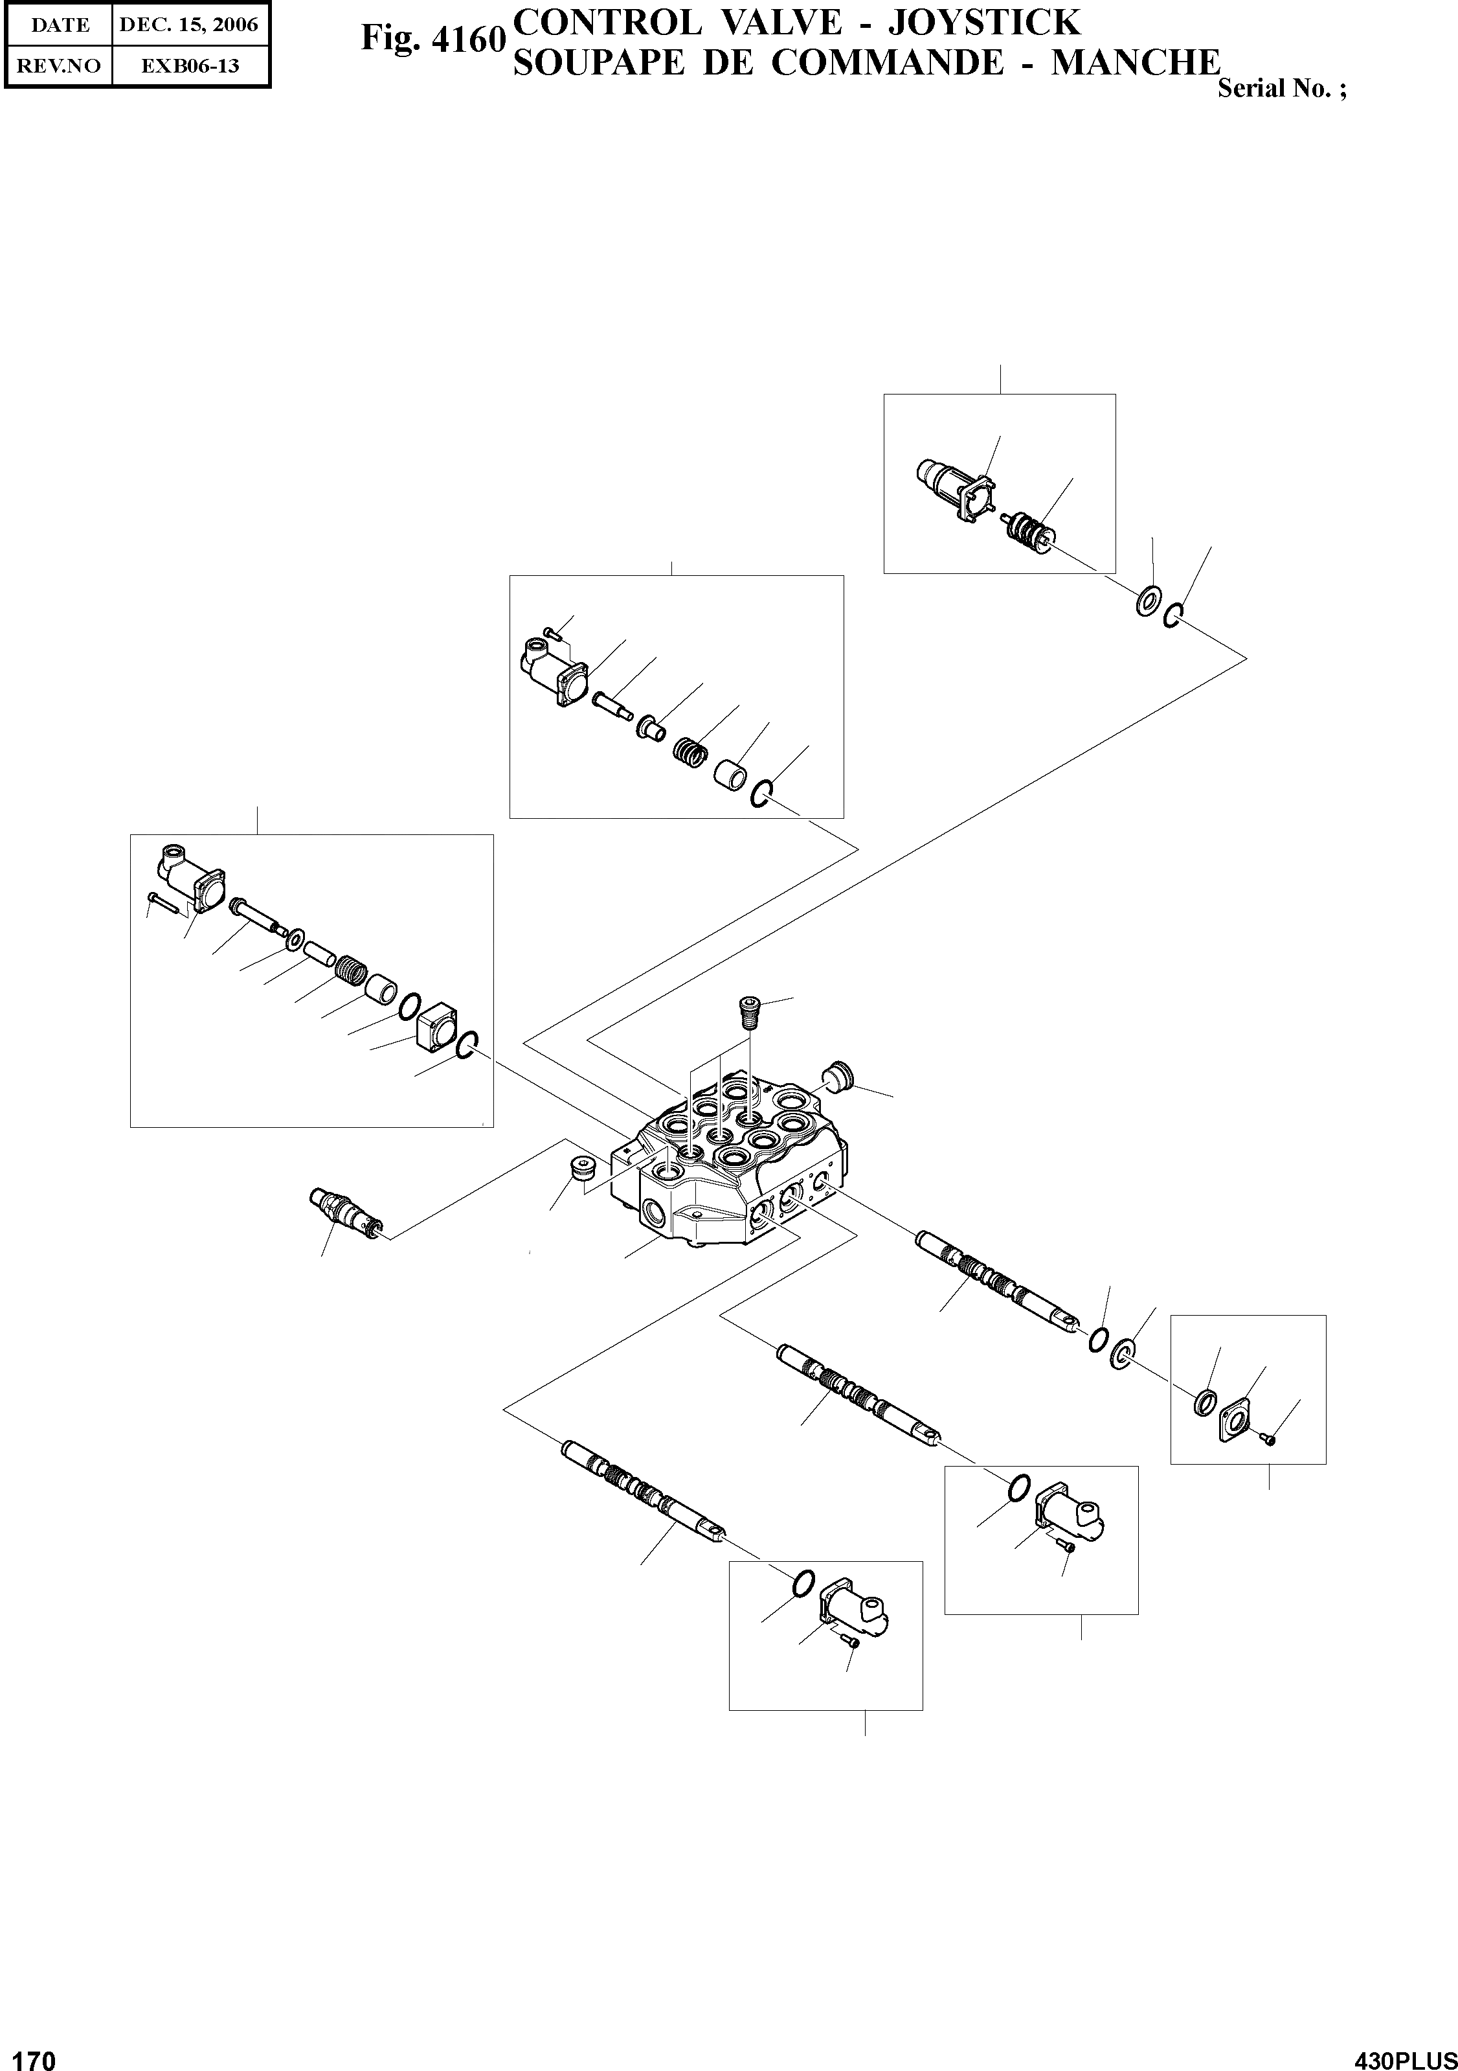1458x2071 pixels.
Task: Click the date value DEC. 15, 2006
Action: coord(189,25)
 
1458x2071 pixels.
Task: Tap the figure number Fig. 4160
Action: coord(432,39)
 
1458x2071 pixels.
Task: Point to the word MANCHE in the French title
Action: coord(1135,63)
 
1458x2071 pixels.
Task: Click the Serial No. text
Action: coord(1281,89)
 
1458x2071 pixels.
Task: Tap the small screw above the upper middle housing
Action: coord(553,634)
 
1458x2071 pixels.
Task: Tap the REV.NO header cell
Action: coord(60,66)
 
